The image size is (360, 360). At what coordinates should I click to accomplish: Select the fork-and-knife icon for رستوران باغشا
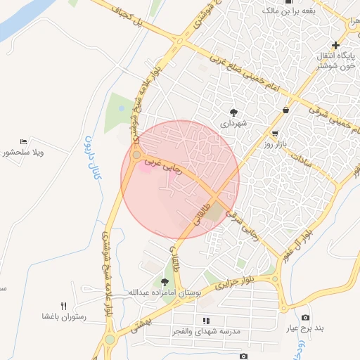(x=64, y=305)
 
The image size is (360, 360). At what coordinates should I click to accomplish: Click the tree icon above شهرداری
(x=234, y=111)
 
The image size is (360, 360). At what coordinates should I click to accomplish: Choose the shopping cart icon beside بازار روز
(x=275, y=134)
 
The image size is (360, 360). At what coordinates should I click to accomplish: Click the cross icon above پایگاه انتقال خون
(x=335, y=45)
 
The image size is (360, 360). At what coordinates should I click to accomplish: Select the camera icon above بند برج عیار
(x=305, y=318)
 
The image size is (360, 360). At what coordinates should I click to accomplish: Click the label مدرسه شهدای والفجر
(x=207, y=330)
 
